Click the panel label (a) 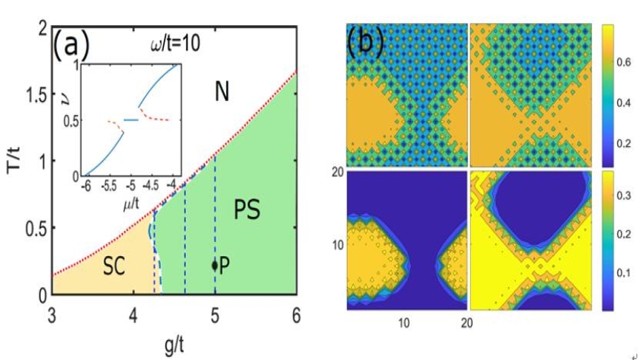coord(70,45)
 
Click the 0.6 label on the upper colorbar coord(619,65)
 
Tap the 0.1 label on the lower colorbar coord(619,273)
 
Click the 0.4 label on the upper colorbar coord(619,105)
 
